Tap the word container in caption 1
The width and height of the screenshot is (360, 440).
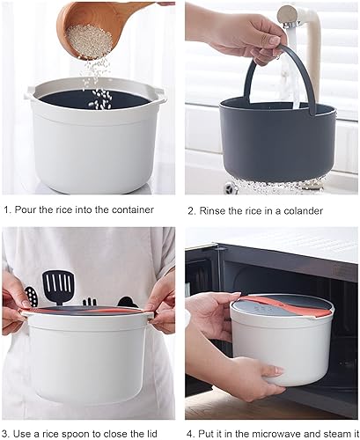(x=130, y=209)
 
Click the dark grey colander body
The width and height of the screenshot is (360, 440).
(x=276, y=141)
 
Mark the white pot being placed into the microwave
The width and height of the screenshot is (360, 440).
(x=282, y=339)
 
